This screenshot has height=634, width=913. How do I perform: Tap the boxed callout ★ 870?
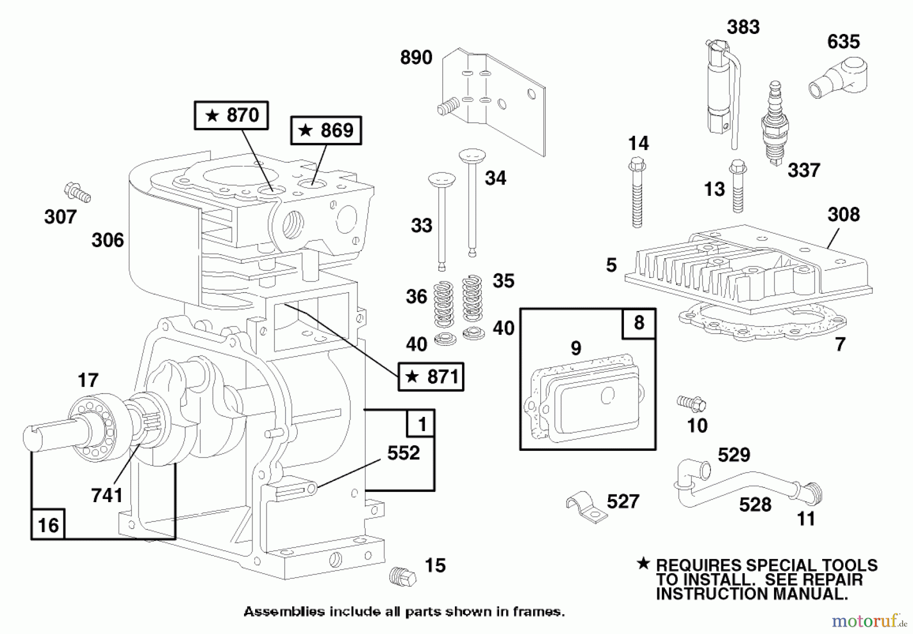click(x=231, y=116)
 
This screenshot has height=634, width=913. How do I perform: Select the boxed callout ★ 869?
click(x=326, y=131)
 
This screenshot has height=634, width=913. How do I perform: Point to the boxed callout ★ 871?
click(x=431, y=377)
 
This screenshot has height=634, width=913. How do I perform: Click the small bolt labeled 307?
click(x=77, y=193)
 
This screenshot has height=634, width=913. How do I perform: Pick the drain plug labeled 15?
click(x=403, y=576)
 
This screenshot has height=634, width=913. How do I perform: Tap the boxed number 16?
click(x=48, y=525)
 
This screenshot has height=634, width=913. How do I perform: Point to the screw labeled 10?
click(x=691, y=404)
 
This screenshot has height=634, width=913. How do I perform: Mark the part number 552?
click(x=403, y=453)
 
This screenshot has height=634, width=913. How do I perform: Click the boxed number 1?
click(x=421, y=424)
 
